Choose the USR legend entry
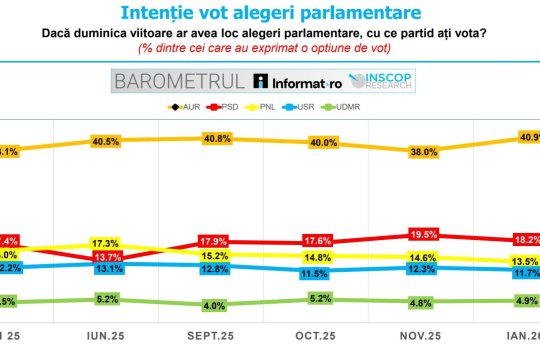coord(310,106)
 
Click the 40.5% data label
coord(107,142)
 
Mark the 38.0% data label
coord(423,153)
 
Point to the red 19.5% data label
coord(423,235)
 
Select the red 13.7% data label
coord(107,258)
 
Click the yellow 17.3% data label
coord(107,243)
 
